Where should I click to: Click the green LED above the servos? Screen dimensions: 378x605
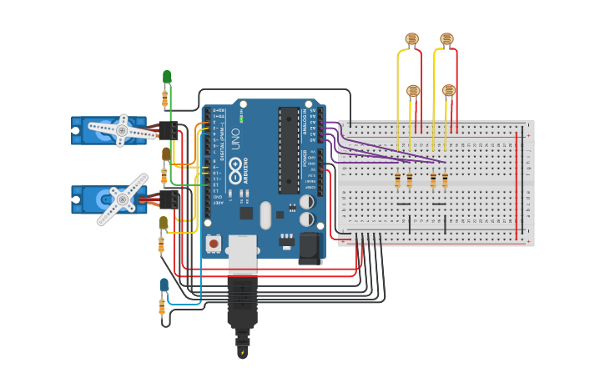tap(167, 77)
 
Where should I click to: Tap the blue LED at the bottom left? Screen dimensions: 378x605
tap(164, 285)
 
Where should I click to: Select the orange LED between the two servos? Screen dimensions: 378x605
tap(166, 154)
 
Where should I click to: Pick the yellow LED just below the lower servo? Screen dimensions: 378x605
tap(164, 223)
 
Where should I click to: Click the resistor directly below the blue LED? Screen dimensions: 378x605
tap(162, 308)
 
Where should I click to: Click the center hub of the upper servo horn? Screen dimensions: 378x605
tap(122, 131)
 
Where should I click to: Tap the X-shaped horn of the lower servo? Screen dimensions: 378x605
tap(122, 200)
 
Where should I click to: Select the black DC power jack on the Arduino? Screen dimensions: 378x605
tap(310, 248)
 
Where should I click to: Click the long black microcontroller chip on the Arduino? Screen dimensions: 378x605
tap(289, 150)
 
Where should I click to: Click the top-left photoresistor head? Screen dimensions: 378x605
tap(411, 38)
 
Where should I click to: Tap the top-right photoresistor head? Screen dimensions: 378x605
tap(446, 38)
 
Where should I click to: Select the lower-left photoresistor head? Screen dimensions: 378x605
tap(413, 90)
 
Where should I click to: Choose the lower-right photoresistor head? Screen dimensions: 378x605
tap(449, 90)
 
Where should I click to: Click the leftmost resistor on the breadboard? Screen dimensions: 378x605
tap(397, 180)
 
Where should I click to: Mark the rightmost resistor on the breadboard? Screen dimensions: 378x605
tap(445, 180)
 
